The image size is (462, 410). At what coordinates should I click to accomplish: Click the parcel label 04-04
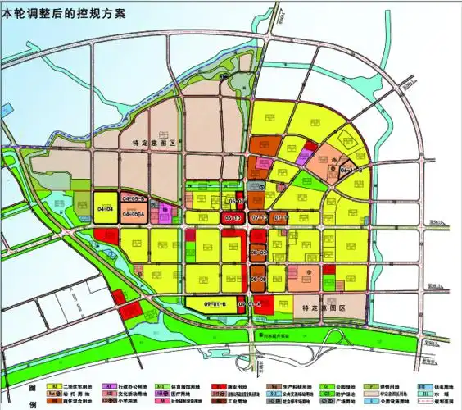105,211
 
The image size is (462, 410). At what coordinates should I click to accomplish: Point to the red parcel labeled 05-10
232,219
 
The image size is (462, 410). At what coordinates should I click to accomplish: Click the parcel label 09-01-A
250,304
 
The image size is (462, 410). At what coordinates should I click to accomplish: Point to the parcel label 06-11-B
351,170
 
